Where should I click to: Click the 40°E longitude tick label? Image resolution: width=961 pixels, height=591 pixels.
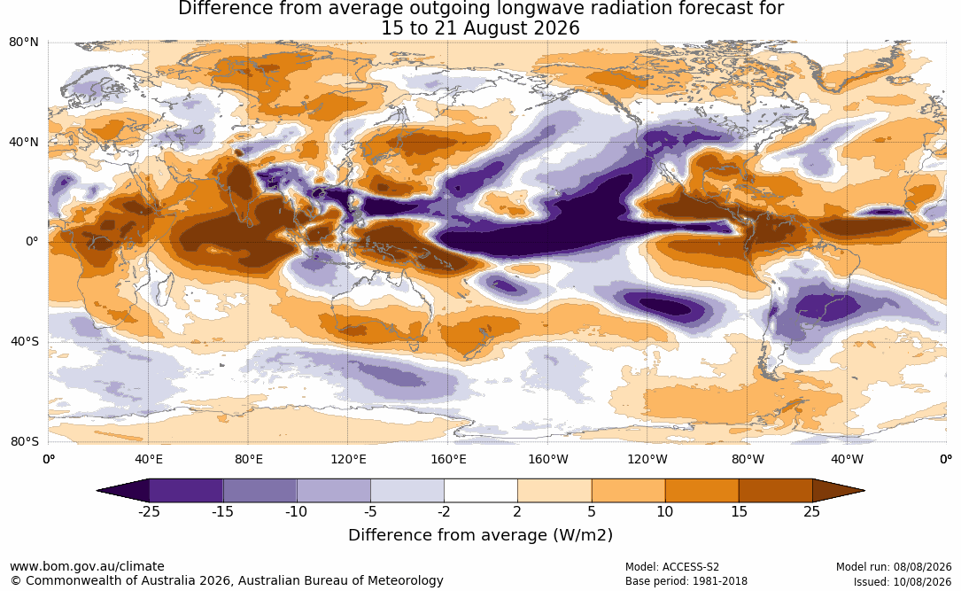pyautogui.click(x=148, y=459)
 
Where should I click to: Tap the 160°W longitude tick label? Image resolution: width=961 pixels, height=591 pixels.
pyautogui.click(x=548, y=459)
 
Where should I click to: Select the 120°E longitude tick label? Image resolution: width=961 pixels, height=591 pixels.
pyautogui.click(x=348, y=459)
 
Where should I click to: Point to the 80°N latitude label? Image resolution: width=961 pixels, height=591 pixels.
pyautogui.click(x=23, y=43)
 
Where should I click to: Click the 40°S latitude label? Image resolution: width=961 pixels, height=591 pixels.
pyautogui.click(x=25, y=341)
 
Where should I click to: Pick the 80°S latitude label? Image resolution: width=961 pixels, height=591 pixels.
pyautogui.click(x=25, y=441)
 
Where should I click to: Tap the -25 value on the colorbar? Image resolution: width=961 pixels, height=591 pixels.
pyautogui.click(x=148, y=511)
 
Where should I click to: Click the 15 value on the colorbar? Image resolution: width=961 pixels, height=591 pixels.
pyautogui.click(x=740, y=511)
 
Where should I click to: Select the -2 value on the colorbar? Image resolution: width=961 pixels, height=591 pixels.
pyautogui.click(x=444, y=511)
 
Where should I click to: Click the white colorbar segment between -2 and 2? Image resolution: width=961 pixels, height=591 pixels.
pyautogui.click(x=481, y=491)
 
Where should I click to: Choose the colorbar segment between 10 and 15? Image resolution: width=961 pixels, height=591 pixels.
pyautogui.click(x=701, y=491)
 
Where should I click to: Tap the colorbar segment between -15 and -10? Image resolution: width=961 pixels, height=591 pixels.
pyautogui.click(x=260, y=491)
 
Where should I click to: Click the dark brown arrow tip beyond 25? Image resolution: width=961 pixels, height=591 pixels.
pyautogui.click(x=863, y=491)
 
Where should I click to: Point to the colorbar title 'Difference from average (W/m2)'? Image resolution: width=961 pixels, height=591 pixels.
pyautogui.click(x=480, y=535)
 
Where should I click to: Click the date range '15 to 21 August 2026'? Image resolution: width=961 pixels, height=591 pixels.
pyautogui.click(x=480, y=28)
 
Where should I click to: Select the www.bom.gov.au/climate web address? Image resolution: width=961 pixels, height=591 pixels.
pyautogui.click(x=87, y=566)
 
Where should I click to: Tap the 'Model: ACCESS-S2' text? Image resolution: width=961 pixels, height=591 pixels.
pyautogui.click(x=671, y=567)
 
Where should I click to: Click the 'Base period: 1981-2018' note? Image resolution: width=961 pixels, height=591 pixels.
pyautogui.click(x=686, y=581)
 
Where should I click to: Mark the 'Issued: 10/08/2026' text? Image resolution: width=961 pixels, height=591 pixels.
pyautogui.click(x=903, y=581)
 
